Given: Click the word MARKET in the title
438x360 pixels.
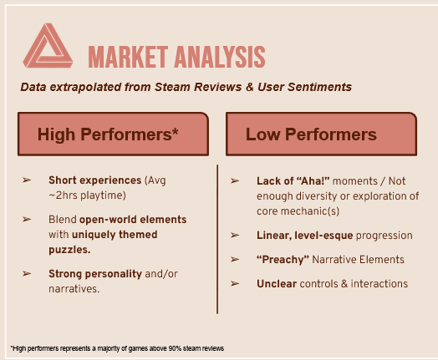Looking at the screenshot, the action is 128,57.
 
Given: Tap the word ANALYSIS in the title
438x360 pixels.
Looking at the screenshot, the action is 220,57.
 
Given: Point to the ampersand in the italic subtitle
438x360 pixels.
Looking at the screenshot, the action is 250,87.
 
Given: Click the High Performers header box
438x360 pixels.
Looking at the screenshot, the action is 113,134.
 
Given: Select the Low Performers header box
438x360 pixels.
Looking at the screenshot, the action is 321,134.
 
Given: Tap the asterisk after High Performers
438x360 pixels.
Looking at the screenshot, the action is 176,130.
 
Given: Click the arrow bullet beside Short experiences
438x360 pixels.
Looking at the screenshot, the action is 27,180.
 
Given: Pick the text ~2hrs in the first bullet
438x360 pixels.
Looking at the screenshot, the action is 64,195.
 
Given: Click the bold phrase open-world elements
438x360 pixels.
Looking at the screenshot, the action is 133,220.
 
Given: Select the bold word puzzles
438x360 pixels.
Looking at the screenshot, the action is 69,250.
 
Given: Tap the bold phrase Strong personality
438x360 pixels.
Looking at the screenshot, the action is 95,274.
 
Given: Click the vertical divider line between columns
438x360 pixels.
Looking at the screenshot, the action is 217,239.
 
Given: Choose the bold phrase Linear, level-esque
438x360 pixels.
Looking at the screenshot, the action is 305,236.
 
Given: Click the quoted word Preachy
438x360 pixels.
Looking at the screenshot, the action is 283,260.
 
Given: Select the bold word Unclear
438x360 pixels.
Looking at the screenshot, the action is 277,284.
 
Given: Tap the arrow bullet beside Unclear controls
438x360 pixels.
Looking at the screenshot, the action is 235,284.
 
